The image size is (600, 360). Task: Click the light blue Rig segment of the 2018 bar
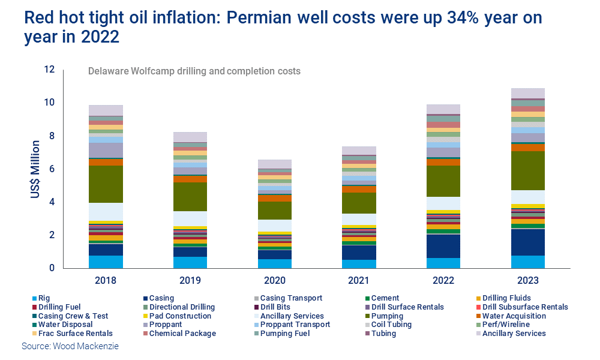tap(106, 262)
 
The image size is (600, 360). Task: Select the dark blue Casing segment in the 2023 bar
tap(527, 242)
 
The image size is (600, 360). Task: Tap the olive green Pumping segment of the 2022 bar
tap(443, 181)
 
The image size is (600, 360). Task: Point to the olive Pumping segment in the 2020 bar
tap(274, 211)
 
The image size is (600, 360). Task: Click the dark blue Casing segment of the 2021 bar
tap(359, 253)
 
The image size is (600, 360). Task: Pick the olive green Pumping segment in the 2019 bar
tap(190, 197)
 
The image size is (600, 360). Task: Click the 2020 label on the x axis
tap(275, 280)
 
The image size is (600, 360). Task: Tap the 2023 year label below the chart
tap(527, 280)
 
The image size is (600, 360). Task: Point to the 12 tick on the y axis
tap(49, 69)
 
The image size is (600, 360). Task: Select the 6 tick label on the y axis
tap(52, 169)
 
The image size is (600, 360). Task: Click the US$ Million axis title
tap(35, 169)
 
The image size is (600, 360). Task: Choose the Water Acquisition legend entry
tap(511, 316)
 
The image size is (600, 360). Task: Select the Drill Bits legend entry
tap(272, 307)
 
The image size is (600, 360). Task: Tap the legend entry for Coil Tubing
tap(388, 325)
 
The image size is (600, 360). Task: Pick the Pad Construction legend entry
tap(177, 316)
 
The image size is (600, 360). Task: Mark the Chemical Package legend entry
tap(179, 333)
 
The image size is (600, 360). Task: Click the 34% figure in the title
tap(463, 17)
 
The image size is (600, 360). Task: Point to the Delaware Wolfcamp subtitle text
tap(194, 71)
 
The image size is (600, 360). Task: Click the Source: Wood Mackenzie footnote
tap(70, 346)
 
